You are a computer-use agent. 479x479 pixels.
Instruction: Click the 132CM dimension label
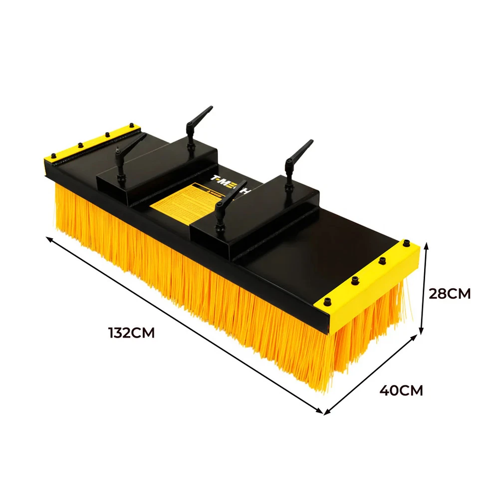(131, 333)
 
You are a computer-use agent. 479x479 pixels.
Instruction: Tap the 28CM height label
(450, 294)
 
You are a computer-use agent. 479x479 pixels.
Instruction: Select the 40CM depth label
(401, 390)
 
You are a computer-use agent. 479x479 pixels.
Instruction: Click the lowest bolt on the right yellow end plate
(328, 301)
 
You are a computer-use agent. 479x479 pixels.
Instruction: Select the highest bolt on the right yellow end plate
(403, 244)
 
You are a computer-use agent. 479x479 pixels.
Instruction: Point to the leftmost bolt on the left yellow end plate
(52, 156)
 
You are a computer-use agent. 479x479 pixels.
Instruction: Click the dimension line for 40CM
(371, 374)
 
